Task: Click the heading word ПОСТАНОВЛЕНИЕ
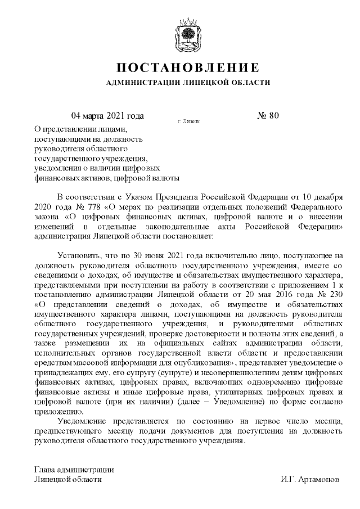tap(188, 68)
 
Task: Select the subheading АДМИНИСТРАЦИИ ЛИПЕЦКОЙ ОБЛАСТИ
tap(188, 83)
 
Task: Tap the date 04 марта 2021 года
tap(107, 116)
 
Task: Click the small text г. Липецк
tap(188, 121)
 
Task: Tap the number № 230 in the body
tap(329, 295)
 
